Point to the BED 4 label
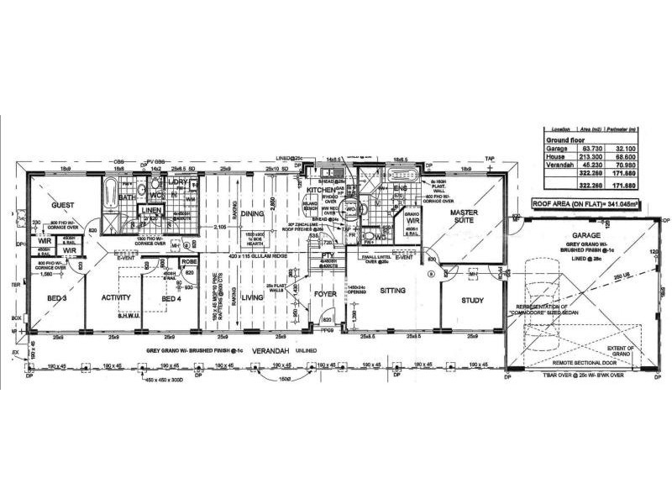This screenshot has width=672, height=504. click(x=171, y=298)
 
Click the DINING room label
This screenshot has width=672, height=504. click(x=253, y=214)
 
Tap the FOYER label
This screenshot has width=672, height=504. click(x=324, y=295)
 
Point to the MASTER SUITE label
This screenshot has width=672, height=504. click(x=465, y=218)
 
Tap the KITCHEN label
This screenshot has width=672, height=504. click(x=321, y=192)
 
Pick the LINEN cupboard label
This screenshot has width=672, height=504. click(x=150, y=210)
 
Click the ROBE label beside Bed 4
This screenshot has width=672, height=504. click(x=188, y=261)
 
